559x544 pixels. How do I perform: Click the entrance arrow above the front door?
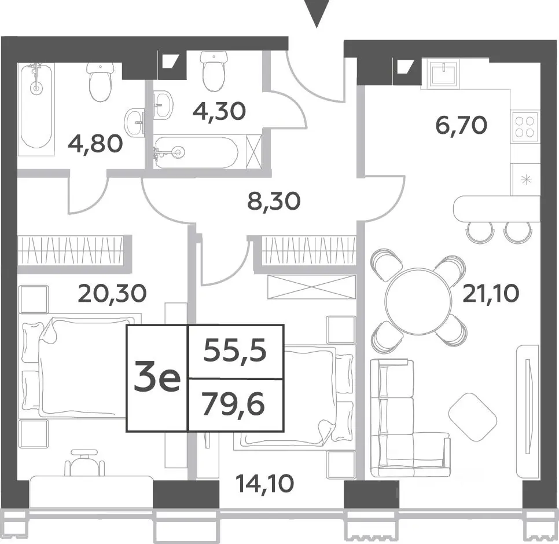(x=316, y=13)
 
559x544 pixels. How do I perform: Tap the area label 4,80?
(x=95, y=144)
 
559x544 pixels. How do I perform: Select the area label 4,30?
(x=219, y=111)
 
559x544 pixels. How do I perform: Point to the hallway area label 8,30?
(x=274, y=202)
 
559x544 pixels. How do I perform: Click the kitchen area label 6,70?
(x=461, y=125)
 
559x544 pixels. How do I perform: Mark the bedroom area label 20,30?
(x=112, y=293)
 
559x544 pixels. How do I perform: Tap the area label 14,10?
(x=265, y=484)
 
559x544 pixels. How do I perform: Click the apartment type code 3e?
(x=157, y=378)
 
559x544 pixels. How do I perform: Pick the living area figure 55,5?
(x=236, y=351)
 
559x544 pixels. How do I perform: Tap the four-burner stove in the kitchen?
(x=524, y=127)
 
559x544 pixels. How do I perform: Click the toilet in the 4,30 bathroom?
(x=214, y=71)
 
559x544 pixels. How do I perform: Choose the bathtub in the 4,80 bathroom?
(x=36, y=109)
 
